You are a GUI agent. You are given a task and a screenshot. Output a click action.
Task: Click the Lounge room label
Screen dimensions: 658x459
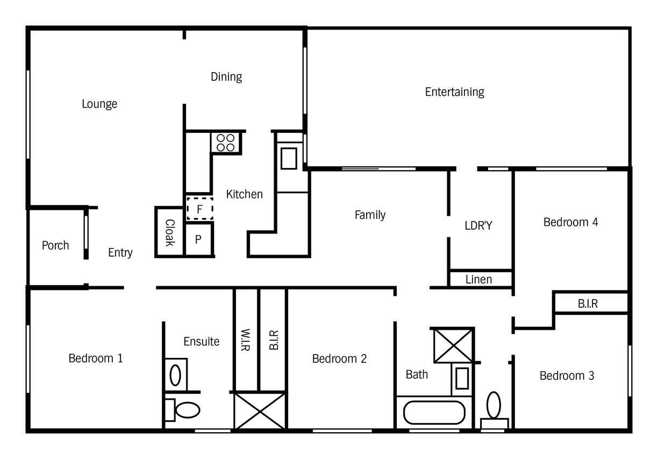(x=99, y=104)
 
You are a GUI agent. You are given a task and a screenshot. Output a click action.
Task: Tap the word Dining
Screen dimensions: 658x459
(x=226, y=77)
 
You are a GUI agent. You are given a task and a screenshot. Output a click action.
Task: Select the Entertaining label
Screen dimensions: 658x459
(x=454, y=92)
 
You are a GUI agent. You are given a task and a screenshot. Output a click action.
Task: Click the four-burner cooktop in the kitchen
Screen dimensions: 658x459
(x=226, y=143)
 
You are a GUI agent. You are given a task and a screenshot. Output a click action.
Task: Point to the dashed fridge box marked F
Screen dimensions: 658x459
(x=200, y=209)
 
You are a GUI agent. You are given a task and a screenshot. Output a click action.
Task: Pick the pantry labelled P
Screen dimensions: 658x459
(x=198, y=239)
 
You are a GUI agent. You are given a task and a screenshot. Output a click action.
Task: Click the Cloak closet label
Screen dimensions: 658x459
(x=170, y=233)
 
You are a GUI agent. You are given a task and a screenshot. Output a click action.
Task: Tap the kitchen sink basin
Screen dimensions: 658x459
(x=289, y=159)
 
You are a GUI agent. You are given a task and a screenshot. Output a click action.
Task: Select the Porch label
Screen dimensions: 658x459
(x=55, y=245)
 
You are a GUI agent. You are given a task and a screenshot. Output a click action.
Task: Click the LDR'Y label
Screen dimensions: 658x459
(x=478, y=226)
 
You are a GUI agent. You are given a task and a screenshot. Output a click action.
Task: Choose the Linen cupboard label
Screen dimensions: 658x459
(x=479, y=279)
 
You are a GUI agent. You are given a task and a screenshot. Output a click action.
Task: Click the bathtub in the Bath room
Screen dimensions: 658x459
(x=434, y=412)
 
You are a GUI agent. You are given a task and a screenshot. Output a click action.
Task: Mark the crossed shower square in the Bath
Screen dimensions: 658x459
(x=454, y=345)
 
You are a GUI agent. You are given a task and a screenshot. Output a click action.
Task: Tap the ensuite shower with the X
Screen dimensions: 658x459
(x=260, y=411)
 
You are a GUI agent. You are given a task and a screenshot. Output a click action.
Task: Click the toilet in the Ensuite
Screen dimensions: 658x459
(x=182, y=409)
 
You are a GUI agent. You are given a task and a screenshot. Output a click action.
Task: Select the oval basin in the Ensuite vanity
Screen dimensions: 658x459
(x=175, y=375)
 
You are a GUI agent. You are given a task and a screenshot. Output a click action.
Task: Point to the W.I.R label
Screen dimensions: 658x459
(x=246, y=340)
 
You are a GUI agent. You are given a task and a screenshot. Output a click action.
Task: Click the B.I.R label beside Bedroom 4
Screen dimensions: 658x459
(x=588, y=303)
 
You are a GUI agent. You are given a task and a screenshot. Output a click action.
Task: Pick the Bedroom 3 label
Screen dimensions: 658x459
(x=567, y=376)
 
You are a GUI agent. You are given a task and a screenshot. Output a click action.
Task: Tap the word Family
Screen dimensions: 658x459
(x=370, y=215)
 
